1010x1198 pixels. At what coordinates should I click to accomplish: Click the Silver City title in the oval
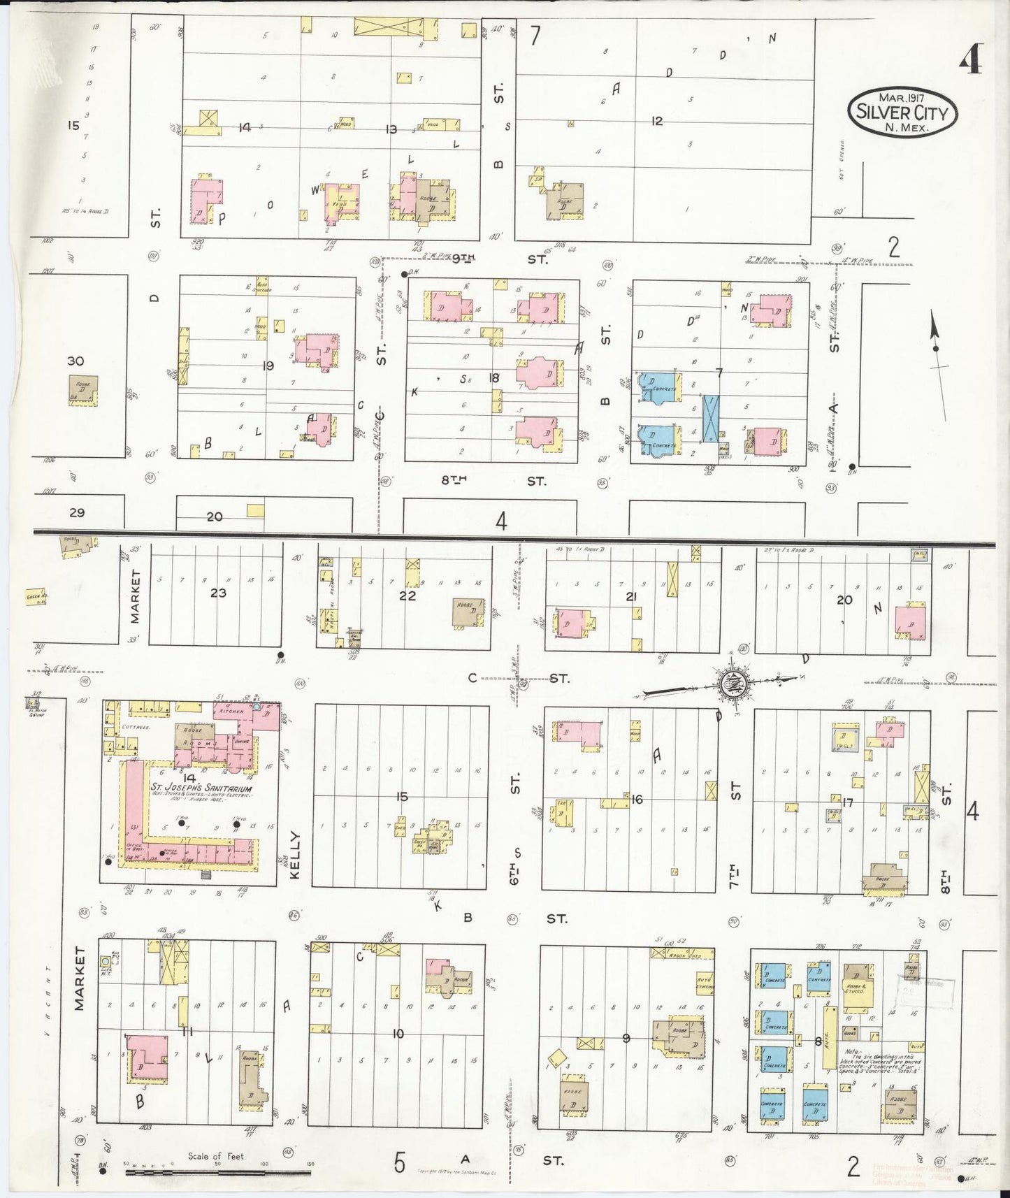tap(902, 112)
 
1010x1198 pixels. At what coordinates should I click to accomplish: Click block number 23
tap(218, 593)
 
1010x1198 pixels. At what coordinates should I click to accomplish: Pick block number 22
tap(407, 596)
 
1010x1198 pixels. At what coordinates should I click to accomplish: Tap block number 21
tap(632, 596)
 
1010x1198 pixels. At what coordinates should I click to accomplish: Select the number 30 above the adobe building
tap(75, 361)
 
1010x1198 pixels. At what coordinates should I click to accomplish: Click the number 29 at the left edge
tap(77, 512)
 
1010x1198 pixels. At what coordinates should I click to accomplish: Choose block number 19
tap(267, 365)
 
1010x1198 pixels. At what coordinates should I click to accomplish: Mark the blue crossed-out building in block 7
tap(711, 419)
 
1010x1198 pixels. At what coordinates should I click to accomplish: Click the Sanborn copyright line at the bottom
tap(456, 1171)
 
